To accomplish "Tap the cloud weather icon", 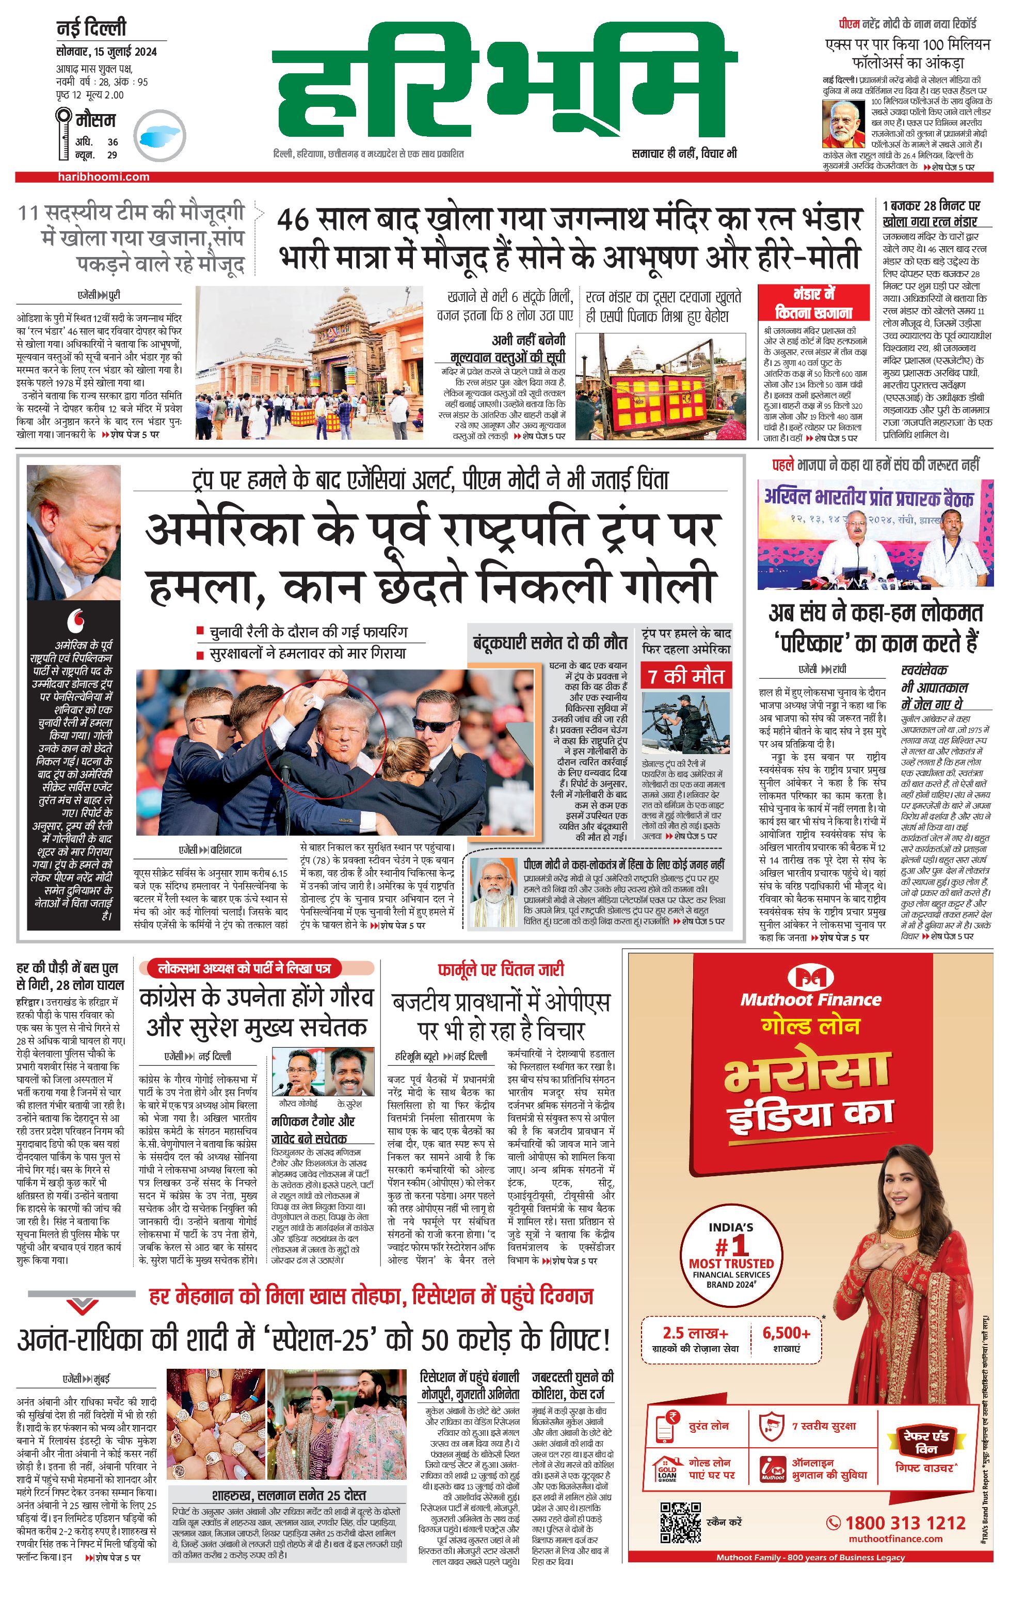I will pyautogui.click(x=159, y=135).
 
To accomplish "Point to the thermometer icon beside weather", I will pyautogui.click(x=63, y=134).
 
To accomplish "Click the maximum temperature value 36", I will pyautogui.click(x=113, y=141).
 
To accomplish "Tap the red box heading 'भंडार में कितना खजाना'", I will pyautogui.click(x=814, y=303).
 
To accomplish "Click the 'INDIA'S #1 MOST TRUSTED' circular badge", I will pyautogui.click(x=731, y=1255).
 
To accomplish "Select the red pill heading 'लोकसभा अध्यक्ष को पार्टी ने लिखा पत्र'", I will pyautogui.click(x=245, y=968).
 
